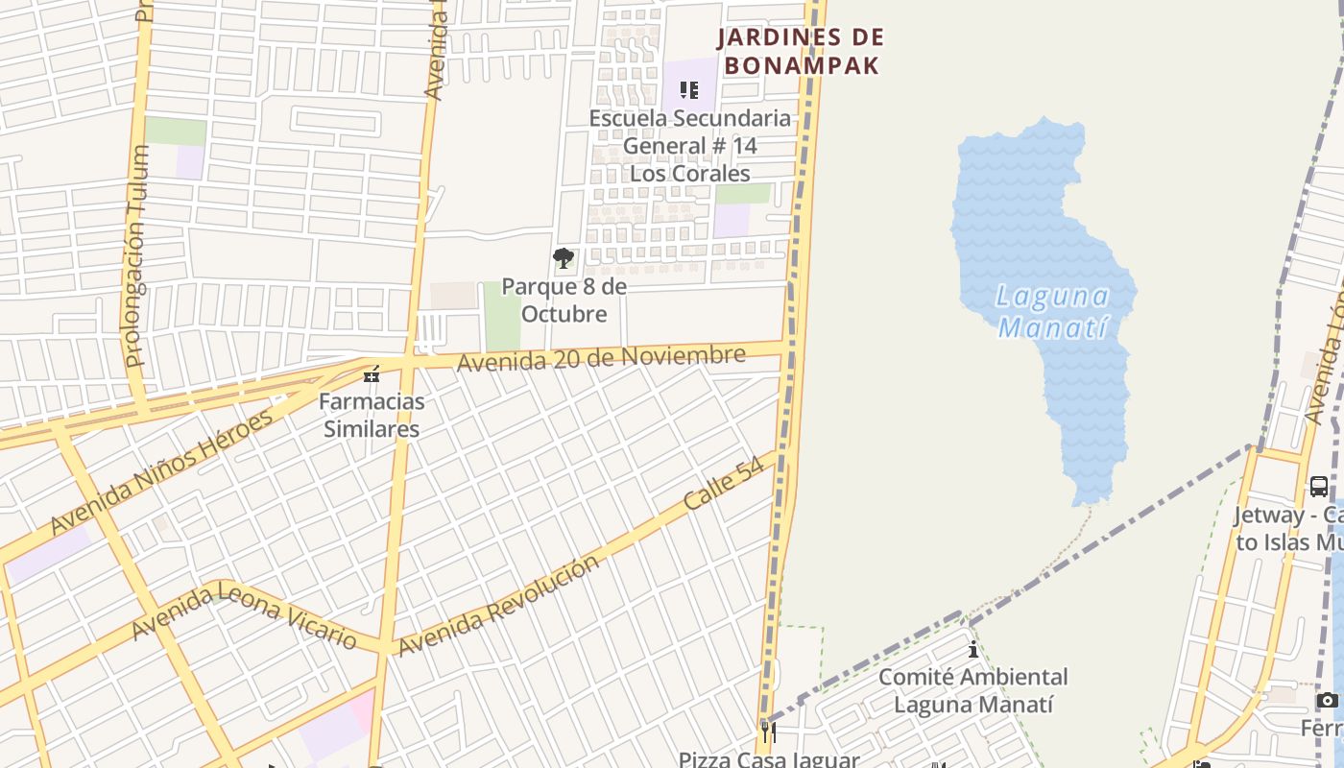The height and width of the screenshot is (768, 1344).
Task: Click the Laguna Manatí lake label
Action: [x=1053, y=311]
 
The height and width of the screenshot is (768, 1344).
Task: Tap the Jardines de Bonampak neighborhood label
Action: [x=802, y=52]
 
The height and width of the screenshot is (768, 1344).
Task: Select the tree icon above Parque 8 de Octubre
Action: [x=564, y=258]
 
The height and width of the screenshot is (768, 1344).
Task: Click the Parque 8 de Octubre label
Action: [x=564, y=300]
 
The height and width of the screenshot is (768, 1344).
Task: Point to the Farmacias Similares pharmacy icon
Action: [x=372, y=374]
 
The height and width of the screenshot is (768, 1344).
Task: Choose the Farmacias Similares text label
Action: [x=372, y=415]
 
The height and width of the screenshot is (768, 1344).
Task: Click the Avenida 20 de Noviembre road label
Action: [x=601, y=358]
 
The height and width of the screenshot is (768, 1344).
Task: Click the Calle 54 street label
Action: [x=724, y=483]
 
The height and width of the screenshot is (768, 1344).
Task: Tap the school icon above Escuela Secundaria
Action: [x=689, y=90]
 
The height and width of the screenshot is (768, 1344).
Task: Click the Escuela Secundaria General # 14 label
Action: [x=689, y=146]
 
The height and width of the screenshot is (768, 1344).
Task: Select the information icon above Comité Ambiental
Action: [x=973, y=650]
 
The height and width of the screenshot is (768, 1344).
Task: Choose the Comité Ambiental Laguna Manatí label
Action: [x=973, y=690]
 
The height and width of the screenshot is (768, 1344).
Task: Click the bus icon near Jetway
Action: [x=1319, y=487]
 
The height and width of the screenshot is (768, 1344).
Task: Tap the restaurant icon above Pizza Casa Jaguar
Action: [x=768, y=732]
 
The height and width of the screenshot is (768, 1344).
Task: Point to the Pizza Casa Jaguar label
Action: [x=768, y=759]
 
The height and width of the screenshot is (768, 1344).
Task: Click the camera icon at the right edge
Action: [x=1328, y=701]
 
